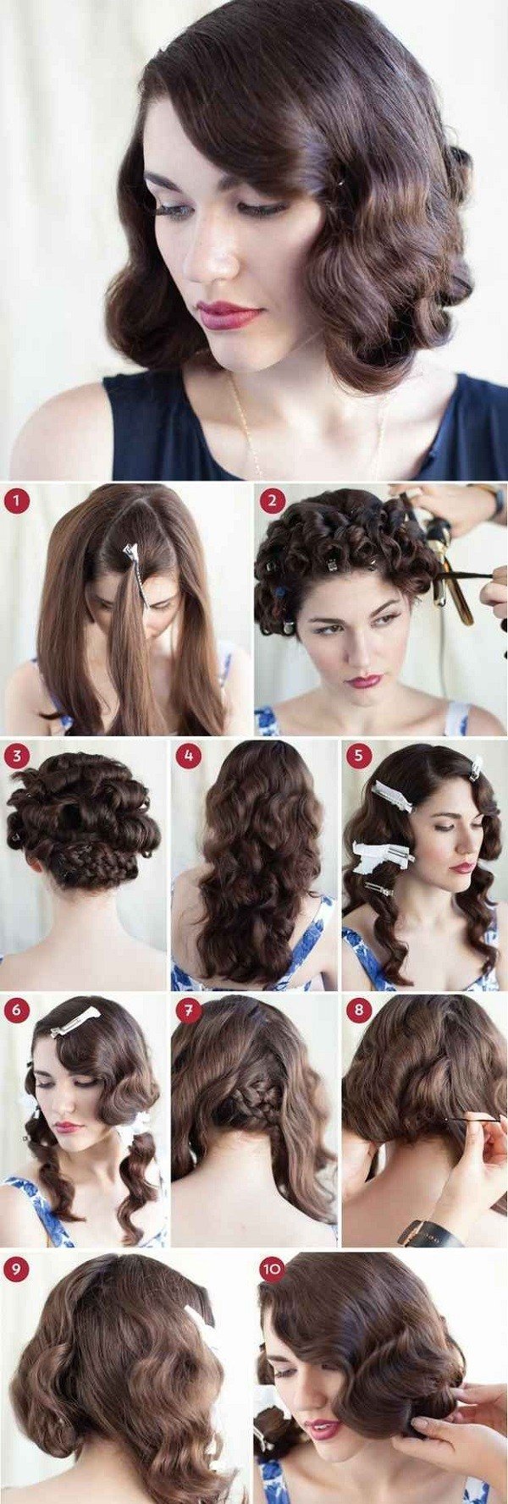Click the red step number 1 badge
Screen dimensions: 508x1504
point(17,502)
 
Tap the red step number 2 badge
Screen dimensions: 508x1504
point(272,502)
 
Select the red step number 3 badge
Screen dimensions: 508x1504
point(17,756)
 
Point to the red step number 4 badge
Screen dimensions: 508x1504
point(188,756)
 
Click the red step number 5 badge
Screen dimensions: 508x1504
point(359,756)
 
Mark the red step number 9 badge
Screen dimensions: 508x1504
point(17,1268)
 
